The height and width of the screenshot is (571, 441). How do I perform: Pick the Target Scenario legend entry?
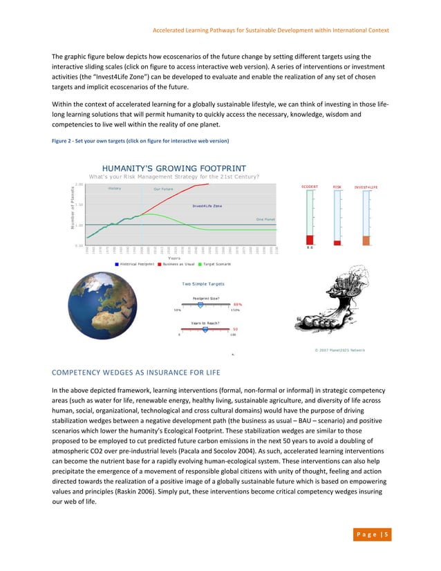click(x=215, y=263)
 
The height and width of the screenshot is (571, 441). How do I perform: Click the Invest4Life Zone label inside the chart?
click(x=207, y=206)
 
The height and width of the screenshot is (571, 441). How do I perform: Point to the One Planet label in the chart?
click(x=265, y=219)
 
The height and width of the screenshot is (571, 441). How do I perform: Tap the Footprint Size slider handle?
click(x=200, y=304)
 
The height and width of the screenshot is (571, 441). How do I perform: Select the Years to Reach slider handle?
click(x=205, y=330)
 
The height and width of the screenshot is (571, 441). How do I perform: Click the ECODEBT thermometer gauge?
click(x=310, y=217)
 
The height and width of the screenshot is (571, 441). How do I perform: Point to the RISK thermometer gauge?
click(x=337, y=217)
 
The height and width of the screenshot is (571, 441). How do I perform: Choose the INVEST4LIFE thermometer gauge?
click(x=366, y=217)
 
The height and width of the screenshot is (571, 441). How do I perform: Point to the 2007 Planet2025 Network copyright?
click(x=339, y=350)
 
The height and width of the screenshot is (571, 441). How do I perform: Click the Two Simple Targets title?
click(x=203, y=283)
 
